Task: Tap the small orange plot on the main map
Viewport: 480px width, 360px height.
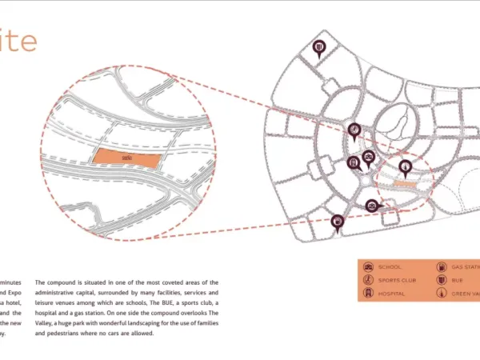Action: pyautogui.click(x=404, y=185)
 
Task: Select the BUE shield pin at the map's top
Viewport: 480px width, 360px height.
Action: pyautogui.click(x=319, y=48)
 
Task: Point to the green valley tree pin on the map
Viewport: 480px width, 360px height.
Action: pyautogui.click(x=406, y=166)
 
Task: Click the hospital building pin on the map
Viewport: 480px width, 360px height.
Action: pyautogui.click(x=353, y=162)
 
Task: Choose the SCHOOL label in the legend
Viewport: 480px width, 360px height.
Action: pyautogui.click(x=391, y=266)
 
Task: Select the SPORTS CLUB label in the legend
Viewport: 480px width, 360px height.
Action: pyautogui.click(x=398, y=280)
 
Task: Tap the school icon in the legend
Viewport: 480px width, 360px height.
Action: pyautogui.click(x=369, y=266)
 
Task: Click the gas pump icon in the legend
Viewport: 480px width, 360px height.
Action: pyautogui.click(x=441, y=266)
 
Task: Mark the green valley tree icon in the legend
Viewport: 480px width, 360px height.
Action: pyautogui.click(x=441, y=294)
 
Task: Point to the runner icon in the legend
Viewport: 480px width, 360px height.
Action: pyautogui.click(x=369, y=280)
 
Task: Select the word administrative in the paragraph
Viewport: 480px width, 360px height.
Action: pyautogui.click(x=60, y=294)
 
